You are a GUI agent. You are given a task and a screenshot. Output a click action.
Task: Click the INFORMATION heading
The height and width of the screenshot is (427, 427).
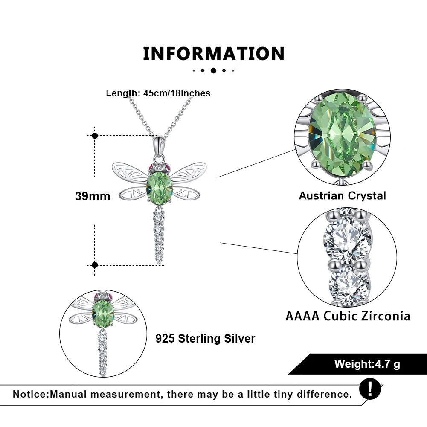point(213,53)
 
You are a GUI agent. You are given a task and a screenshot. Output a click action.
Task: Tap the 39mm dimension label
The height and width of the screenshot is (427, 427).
point(93,196)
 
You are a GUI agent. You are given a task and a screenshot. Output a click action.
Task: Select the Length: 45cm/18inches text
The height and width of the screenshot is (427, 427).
point(158,93)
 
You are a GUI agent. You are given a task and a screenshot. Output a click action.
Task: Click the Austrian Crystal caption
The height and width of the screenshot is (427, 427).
point(342,196)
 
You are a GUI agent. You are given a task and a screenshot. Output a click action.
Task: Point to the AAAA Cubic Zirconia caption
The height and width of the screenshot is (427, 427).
point(348,316)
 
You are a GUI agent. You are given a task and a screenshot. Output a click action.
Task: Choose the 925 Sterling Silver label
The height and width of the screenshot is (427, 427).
point(205,339)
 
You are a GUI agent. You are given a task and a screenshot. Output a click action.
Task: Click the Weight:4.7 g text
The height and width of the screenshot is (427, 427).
point(367,364)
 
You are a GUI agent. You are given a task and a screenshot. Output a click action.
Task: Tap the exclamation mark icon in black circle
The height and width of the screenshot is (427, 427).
point(370,389)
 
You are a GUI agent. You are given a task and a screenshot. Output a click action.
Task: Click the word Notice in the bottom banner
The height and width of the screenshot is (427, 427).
point(30,394)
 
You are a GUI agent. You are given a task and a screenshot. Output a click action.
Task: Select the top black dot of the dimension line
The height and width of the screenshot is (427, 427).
point(95,136)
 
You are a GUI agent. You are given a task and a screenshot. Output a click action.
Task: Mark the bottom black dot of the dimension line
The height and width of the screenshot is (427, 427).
point(95,265)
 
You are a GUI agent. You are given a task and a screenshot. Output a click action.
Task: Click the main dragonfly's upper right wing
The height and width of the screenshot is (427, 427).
point(189,171)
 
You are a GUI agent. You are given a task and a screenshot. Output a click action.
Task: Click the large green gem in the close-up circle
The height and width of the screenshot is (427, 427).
point(342,135)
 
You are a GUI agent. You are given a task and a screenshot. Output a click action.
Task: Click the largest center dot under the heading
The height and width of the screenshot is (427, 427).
point(213,70)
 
